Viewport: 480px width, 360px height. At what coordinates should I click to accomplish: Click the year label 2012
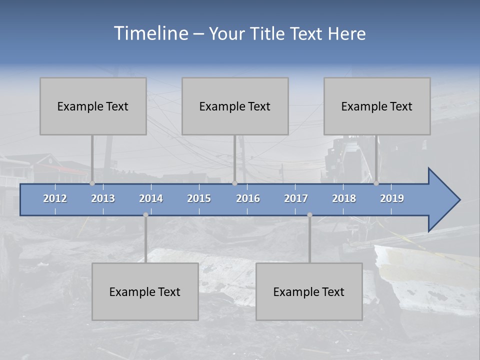pos(55,198)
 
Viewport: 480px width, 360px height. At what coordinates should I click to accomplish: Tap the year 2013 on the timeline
pos(103,198)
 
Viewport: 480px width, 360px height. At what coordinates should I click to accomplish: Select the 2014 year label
pos(151,198)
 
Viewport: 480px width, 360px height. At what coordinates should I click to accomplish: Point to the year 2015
pos(199,198)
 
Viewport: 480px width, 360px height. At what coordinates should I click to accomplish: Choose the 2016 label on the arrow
pos(248,198)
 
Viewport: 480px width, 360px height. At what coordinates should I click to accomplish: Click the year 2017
pos(296,198)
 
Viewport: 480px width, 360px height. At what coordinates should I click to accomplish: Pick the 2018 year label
pos(344,198)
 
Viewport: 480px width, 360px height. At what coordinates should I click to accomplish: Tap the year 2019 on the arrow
pos(392,198)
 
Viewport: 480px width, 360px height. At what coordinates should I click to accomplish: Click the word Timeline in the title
pos(150,33)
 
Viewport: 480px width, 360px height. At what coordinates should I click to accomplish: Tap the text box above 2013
pos(93,106)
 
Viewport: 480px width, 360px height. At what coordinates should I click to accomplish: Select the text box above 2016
pos(235,106)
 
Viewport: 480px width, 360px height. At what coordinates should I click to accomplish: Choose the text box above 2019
pos(377,106)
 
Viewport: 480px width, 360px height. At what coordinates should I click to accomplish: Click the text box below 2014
pos(145,291)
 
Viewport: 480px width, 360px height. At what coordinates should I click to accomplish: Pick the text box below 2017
pos(309,291)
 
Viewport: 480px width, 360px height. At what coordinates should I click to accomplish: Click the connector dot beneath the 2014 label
pos(145,215)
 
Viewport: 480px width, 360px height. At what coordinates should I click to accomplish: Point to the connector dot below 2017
pos(309,215)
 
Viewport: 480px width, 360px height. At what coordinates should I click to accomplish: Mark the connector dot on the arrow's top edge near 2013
pos(92,183)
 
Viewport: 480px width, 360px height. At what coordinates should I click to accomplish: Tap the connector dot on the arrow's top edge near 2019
pos(376,183)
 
